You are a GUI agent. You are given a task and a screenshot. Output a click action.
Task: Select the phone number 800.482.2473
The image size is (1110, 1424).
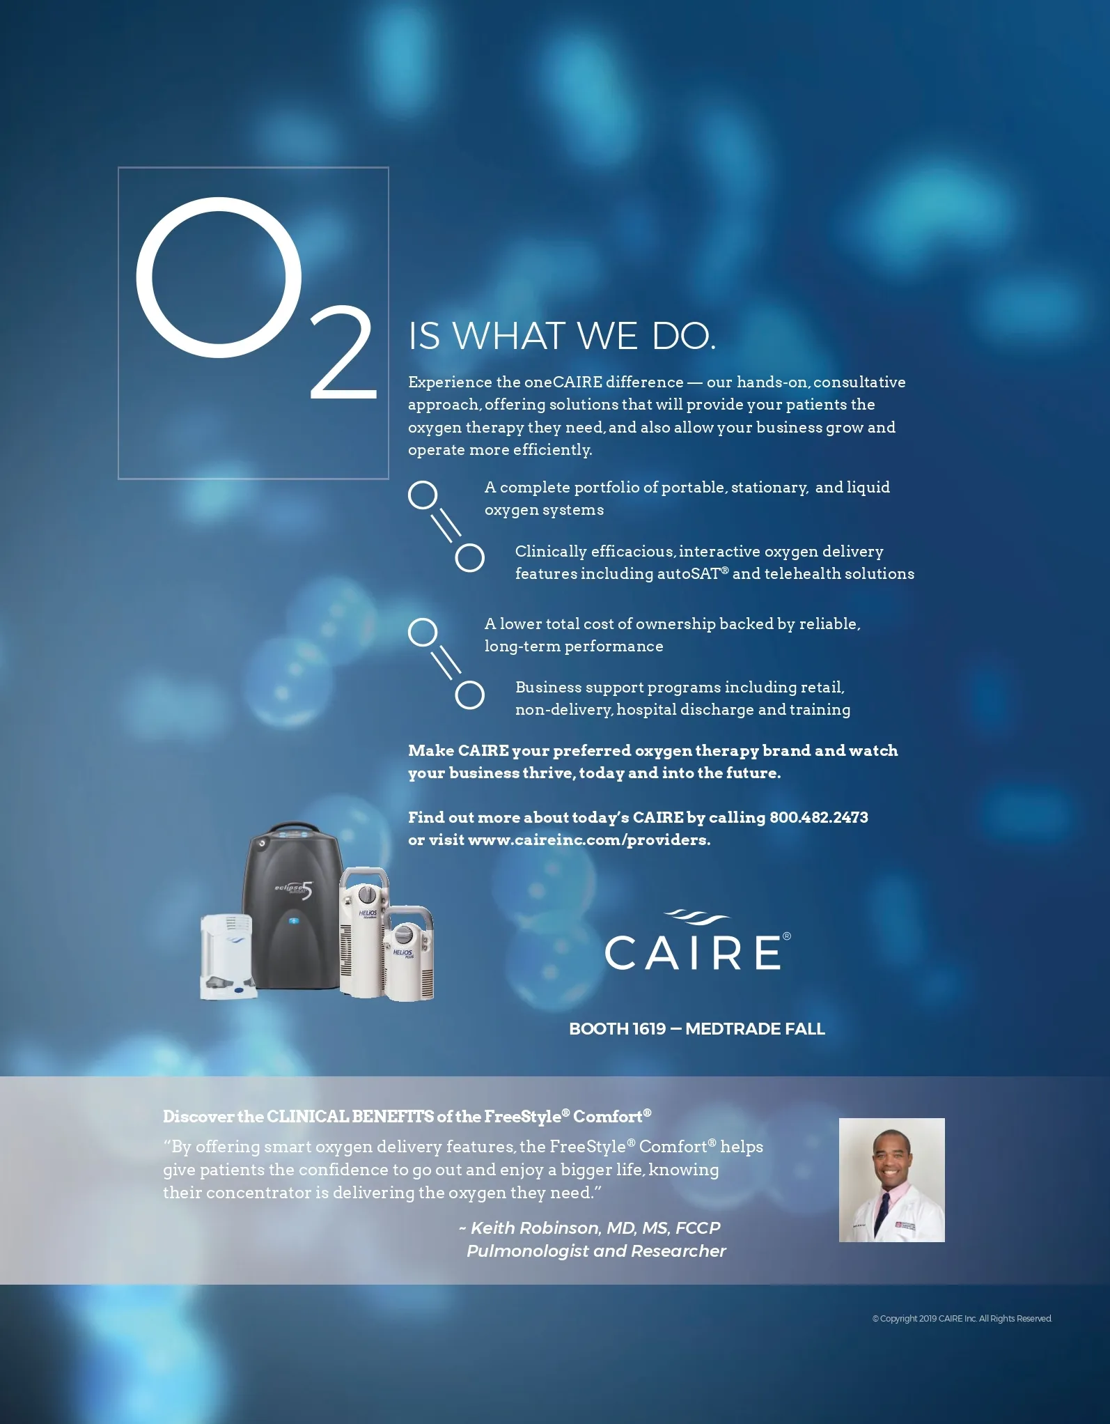click(819, 817)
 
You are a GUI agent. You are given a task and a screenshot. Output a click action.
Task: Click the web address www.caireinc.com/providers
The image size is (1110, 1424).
click(589, 840)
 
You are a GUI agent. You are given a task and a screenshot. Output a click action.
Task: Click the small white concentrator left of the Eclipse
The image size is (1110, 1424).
click(227, 956)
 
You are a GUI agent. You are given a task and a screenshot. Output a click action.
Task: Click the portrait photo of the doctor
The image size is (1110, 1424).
click(891, 1180)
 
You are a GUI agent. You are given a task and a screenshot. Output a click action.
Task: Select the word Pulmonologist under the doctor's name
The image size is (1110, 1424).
click(529, 1251)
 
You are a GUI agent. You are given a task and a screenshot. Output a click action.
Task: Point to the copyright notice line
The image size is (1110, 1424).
click(962, 1319)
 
